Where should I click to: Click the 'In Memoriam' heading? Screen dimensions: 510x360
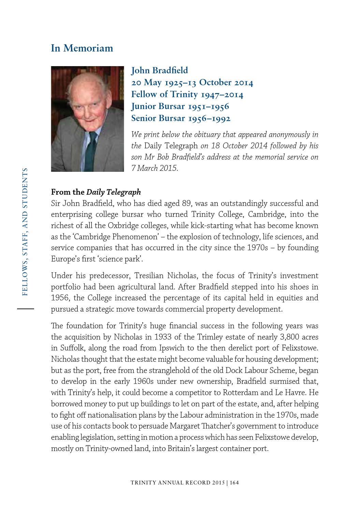tap(82, 48)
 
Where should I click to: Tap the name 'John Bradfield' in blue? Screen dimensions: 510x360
tap(159, 71)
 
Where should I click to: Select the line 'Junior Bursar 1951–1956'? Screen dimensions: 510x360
tap(180, 106)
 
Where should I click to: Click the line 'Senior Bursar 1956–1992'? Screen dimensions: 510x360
tap(181, 118)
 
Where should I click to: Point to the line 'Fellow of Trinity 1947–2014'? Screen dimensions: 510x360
tap(187, 94)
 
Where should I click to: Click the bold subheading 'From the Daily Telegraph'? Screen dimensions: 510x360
tap(96, 192)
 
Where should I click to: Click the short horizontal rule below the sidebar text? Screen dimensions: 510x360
tap(26, 309)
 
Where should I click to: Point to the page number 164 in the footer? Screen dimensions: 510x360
tap(234, 483)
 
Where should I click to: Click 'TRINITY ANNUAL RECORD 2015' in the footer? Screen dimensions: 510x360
tap(177, 483)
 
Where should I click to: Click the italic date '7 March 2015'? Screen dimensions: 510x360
tap(154, 168)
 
